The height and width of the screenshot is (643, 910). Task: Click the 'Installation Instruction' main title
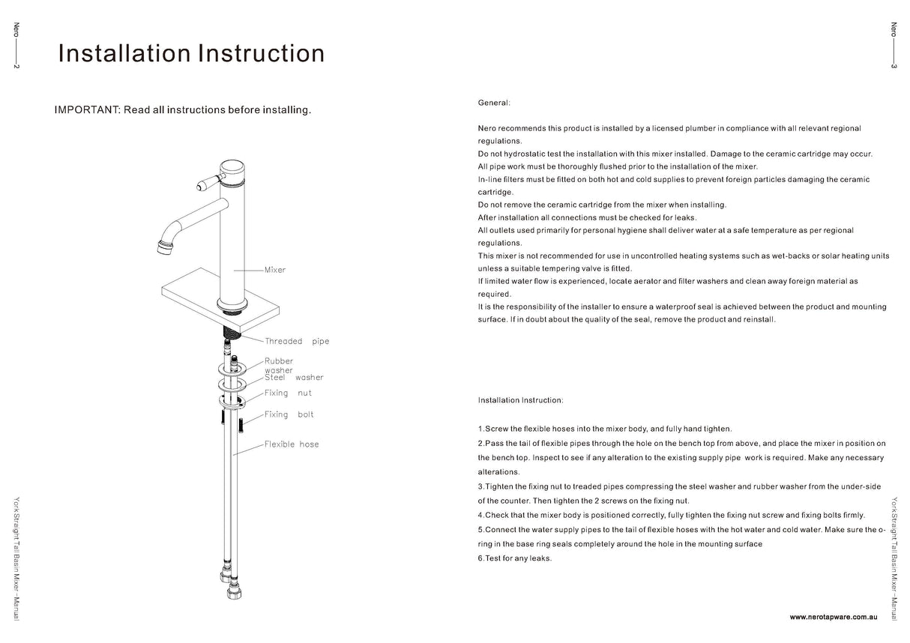(191, 54)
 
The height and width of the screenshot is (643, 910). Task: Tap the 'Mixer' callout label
(275, 270)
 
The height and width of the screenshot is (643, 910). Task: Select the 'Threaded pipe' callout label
(297, 341)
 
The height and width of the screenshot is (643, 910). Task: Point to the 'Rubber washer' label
(279, 365)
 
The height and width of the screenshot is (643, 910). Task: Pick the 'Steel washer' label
(294, 378)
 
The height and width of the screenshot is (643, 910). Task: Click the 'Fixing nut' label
(288, 393)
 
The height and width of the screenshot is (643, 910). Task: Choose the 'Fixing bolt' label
(289, 414)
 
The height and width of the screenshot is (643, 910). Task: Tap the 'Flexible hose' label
(292, 444)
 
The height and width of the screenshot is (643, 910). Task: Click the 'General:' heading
(494, 102)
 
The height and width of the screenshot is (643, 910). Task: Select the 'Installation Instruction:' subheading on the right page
(520, 400)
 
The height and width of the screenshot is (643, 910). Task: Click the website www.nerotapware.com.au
(833, 616)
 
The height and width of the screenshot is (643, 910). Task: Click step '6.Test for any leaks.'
(514, 558)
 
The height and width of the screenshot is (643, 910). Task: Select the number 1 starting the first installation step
(480, 429)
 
